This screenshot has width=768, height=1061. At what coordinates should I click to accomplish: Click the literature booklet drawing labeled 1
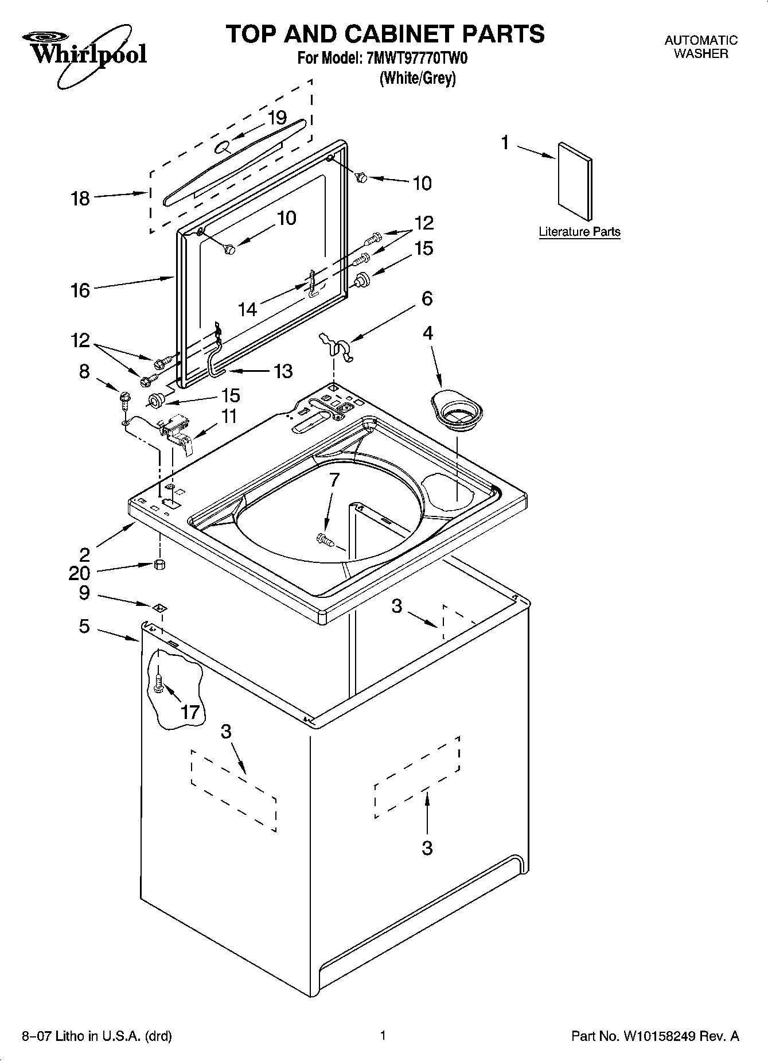575,181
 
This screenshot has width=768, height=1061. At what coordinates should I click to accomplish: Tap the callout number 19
277,118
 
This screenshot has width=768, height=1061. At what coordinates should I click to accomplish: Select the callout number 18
80,199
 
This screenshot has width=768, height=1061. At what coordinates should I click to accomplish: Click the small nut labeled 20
160,564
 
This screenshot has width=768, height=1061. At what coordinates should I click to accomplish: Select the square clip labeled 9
160,607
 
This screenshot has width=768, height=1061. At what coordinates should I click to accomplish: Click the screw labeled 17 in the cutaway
159,682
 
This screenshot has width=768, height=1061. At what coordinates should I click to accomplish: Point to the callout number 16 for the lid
80,290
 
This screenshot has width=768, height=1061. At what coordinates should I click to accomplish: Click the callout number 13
283,371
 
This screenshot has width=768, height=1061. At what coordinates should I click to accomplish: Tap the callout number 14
247,310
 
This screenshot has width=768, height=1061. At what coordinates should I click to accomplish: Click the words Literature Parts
579,232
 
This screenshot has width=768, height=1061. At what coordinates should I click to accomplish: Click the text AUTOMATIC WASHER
700,47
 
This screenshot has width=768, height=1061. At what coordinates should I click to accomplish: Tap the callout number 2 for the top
84,554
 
